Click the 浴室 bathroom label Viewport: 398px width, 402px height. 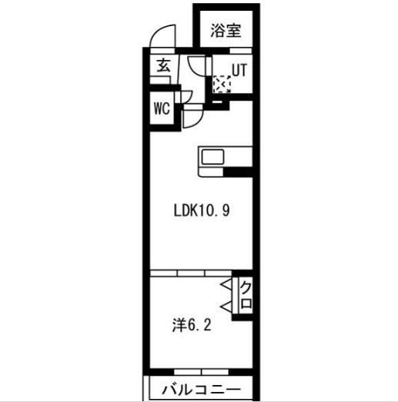click(x=226, y=32)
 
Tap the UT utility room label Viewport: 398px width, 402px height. click(x=239, y=69)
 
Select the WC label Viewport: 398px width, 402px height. click(x=161, y=108)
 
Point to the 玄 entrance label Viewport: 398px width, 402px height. click(x=163, y=66)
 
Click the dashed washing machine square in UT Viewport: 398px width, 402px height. click(x=222, y=83)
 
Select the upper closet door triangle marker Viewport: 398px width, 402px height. click(x=229, y=287)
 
